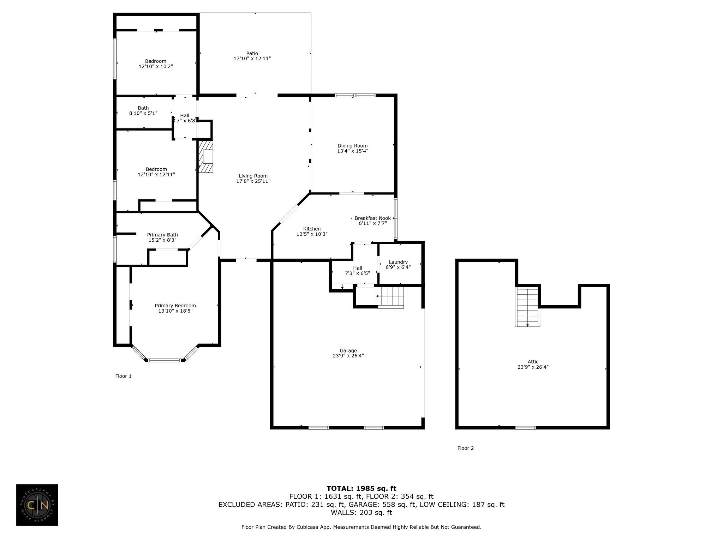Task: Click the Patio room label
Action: click(252, 54)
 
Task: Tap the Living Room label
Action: click(253, 176)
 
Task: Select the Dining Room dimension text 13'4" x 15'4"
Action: click(352, 151)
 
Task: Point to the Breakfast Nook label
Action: click(373, 218)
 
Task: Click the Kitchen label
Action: click(312, 229)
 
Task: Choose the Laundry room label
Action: click(398, 262)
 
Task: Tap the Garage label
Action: click(348, 351)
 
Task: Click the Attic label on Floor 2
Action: click(533, 362)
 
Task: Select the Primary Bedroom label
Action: click(175, 306)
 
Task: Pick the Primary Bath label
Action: click(162, 235)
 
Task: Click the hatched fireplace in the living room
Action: click(206, 157)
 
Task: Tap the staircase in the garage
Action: click(390, 297)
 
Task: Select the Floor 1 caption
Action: click(123, 376)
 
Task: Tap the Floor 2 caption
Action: click(466, 448)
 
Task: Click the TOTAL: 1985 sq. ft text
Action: click(361, 488)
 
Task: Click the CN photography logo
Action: click(37, 505)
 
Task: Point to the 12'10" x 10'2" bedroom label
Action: click(156, 64)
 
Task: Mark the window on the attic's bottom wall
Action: click(525, 428)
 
